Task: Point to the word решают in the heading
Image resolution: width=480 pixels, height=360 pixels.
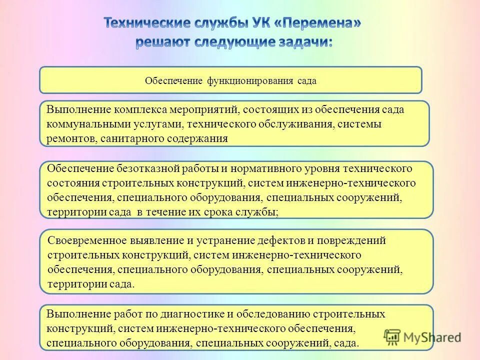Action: [166, 42]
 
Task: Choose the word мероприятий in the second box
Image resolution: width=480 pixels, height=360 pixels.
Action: [195, 109]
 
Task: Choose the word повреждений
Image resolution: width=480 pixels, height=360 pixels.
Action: [353, 240]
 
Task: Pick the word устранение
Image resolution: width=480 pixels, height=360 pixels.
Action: [220, 240]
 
